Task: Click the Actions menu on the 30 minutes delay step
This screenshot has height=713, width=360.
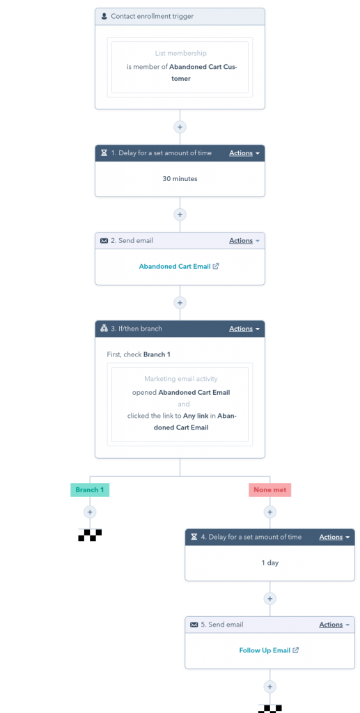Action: coord(244,153)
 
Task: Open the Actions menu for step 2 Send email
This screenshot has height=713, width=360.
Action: coord(244,241)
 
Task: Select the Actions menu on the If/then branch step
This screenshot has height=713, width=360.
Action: coord(244,329)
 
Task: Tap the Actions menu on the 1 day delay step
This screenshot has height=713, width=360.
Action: coord(334,537)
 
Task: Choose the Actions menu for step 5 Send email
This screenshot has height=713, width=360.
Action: coord(334,625)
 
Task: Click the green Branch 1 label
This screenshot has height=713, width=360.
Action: coord(90,490)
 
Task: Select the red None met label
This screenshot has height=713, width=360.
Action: coord(270,490)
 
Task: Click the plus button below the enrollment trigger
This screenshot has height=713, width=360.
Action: coord(180,127)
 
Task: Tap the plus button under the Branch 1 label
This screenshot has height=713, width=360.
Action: coord(90,512)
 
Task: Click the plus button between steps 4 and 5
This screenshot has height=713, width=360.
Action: coord(270,599)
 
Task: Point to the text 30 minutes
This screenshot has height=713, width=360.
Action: coord(180,179)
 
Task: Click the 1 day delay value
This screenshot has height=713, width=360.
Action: coord(269,563)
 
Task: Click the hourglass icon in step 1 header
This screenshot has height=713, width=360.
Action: coord(104,153)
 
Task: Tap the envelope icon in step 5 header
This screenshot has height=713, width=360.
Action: coord(194,625)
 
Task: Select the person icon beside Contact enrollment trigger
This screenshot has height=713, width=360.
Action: coord(104,16)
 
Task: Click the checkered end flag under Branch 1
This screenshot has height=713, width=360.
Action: coord(90,535)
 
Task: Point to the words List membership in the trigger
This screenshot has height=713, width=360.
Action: coord(180,54)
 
